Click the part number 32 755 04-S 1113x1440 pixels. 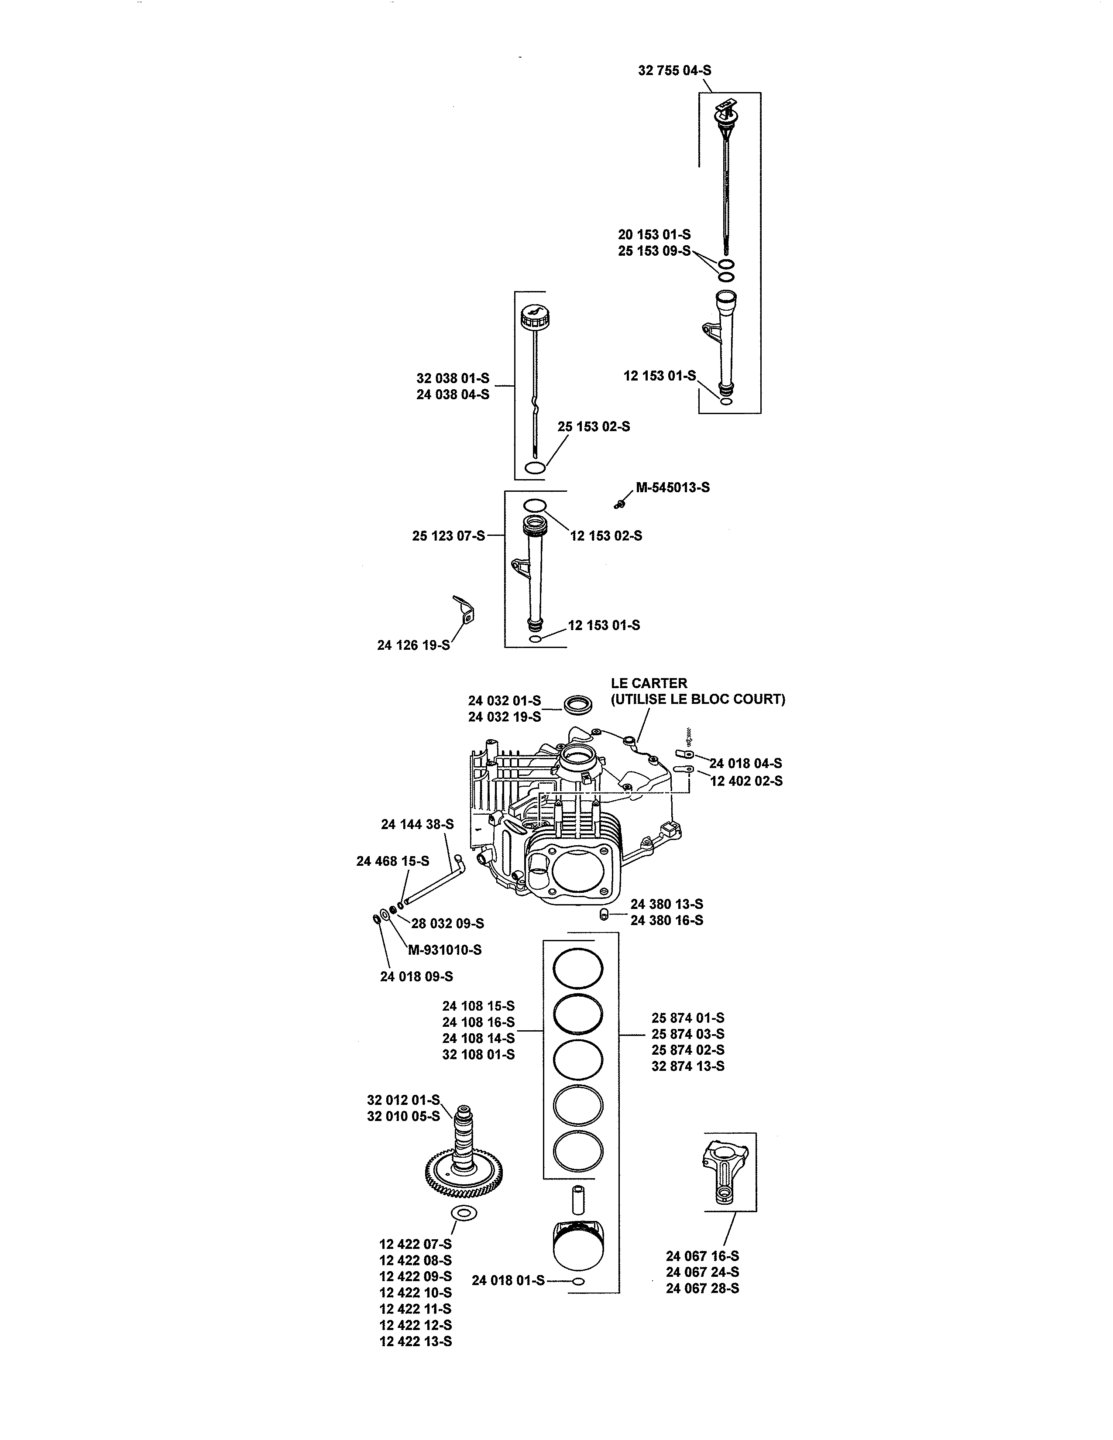click(x=674, y=71)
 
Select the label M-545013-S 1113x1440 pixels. click(x=673, y=488)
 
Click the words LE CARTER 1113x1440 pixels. click(x=649, y=684)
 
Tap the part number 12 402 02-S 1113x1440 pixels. click(x=746, y=782)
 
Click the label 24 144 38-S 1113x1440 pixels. click(x=417, y=824)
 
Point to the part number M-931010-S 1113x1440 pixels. click(x=444, y=950)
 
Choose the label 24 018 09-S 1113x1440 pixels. click(x=416, y=977)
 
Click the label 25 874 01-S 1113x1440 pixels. click(x=688, y=1018)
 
